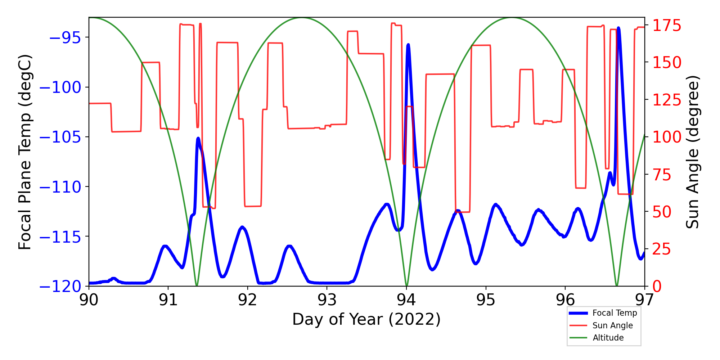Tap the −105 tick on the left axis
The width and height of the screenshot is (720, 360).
[x=60, y=137]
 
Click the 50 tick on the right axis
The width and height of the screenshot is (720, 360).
[x=662, y=212]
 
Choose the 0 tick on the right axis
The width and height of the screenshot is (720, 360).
[x=657, y=287]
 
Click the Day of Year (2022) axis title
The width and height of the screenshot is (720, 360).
[x=366, y=319]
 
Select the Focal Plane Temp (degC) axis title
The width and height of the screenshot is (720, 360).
[x=25, y=152]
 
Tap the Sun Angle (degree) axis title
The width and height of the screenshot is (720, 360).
[x=692, y=152]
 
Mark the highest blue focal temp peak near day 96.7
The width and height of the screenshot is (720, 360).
[x=618, y=28]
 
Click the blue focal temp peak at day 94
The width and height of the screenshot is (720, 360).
[x=408, y=45]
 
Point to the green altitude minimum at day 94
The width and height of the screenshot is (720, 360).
[x=406, y=285]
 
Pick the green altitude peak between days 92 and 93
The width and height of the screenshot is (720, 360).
[x=302, y=18]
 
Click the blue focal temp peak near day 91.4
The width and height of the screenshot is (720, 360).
[x=198, y=138]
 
